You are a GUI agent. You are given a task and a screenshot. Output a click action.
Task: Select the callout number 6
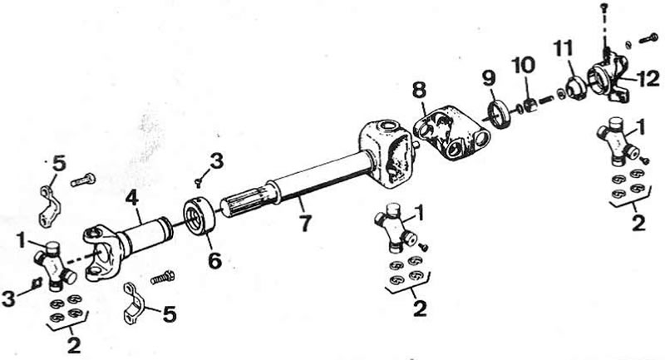tap(215, 260)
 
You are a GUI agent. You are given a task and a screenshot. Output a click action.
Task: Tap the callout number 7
tap(304, 223)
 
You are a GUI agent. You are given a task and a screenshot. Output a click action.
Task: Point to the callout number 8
tap(419, 91)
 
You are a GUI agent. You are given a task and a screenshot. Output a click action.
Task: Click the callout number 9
tap(489, 79)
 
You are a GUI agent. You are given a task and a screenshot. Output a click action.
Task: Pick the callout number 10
tap(523, 66)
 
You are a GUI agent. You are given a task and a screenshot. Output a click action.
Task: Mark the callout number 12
tap(648, 79)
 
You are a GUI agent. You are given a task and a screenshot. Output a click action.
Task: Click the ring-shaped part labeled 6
tap(199, 217)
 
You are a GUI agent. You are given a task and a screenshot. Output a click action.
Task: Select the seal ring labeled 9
tap(501, 112)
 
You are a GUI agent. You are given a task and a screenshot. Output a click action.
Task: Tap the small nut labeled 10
tap(530, 104)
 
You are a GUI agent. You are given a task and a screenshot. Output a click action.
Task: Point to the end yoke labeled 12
tap(607, 79)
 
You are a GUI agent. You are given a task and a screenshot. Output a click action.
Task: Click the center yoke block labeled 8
tap(451, 132)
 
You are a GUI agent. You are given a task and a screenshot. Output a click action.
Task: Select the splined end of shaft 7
tap(244, 204)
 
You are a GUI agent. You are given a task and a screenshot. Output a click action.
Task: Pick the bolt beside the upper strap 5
tap(83, 180)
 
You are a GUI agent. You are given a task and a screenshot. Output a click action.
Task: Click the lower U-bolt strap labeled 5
tap(134, 303)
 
